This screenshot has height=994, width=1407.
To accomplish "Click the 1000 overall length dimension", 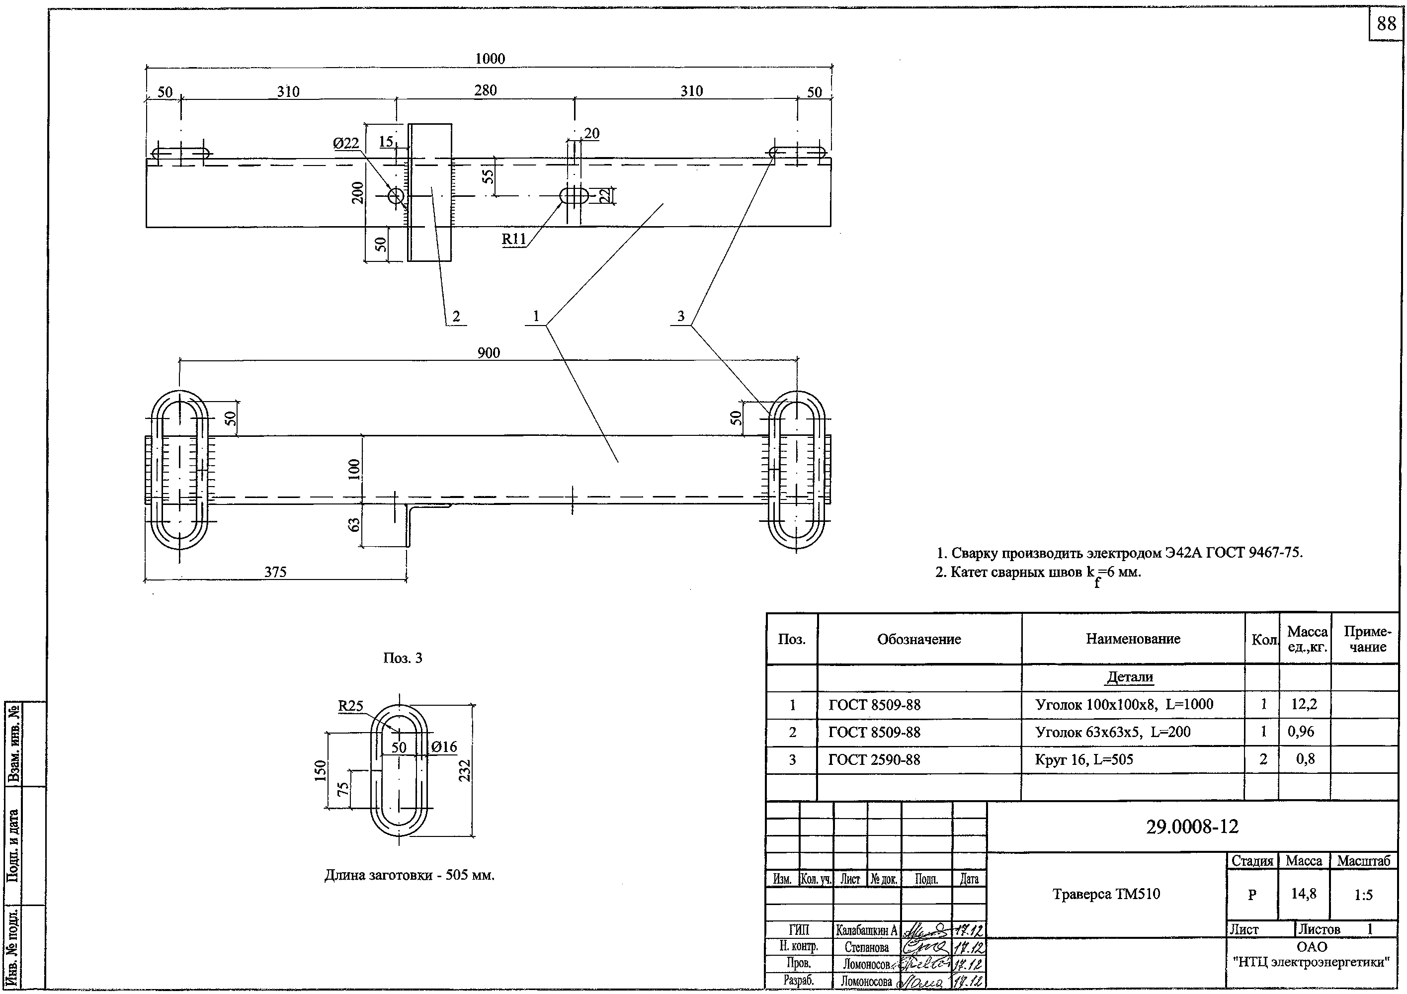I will [x=490, y=59].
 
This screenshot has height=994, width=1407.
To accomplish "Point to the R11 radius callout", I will [x=513, y=239].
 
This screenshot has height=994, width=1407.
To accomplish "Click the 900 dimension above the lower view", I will [x=489, y=353].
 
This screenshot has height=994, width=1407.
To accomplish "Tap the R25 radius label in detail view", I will [x=350, y=706].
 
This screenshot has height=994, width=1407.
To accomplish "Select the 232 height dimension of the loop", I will [x=465, y=770].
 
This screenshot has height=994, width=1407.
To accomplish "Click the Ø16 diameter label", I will [x=444, y=747].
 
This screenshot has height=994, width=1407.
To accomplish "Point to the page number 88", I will [x=1386, y=23].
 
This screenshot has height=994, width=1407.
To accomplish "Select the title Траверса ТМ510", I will [x=1106, y=894].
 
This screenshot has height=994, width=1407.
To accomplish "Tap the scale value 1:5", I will [x=1363, y=895].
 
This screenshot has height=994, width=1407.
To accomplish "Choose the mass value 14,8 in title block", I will [x=1304, y=894].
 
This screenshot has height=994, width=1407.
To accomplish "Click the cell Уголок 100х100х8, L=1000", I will [x=1124, y=705].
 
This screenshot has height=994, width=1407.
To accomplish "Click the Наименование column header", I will [x=1133, y=639].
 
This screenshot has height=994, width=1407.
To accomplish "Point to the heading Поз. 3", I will [x=403, y=658].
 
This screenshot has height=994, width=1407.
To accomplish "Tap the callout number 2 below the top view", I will [x=455, y=317].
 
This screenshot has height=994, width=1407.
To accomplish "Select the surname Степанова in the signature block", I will [x=866, y=947].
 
